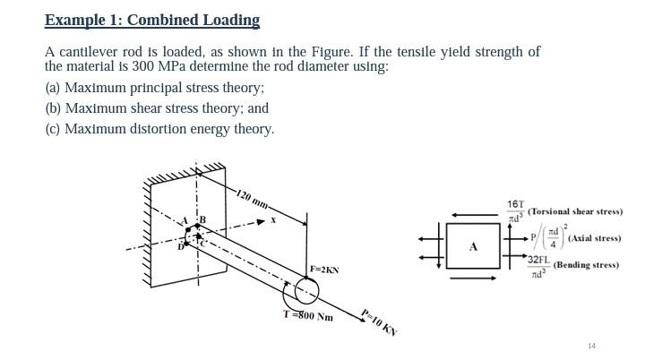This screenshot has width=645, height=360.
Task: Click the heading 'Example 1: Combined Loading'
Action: pos(152,20)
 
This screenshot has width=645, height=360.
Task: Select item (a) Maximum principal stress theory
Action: pos(154,88)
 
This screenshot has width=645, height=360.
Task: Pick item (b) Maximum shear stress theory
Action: pos(157,108)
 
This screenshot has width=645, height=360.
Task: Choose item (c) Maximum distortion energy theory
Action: pos(159,129)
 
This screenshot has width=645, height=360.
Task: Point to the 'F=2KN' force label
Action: pos(324,269)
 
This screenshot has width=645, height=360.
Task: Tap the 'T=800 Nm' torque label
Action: pos(307,316)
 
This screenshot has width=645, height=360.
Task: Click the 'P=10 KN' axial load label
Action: pos(378,321)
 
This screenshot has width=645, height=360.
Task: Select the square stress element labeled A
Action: pos(474,246)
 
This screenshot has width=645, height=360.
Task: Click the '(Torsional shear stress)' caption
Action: pos(574,211)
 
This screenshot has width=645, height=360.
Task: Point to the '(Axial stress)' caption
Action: pos(594,238)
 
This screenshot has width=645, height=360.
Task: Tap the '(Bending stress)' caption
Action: pos(585,265)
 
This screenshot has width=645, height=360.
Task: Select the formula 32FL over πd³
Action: pos(537,266)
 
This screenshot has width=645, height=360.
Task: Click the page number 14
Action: pos(591,346)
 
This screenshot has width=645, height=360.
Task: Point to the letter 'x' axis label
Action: pos(272,219)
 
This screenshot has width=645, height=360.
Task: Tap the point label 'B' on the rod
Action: pos(202,219)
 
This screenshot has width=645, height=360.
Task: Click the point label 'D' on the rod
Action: pos(180,245)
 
